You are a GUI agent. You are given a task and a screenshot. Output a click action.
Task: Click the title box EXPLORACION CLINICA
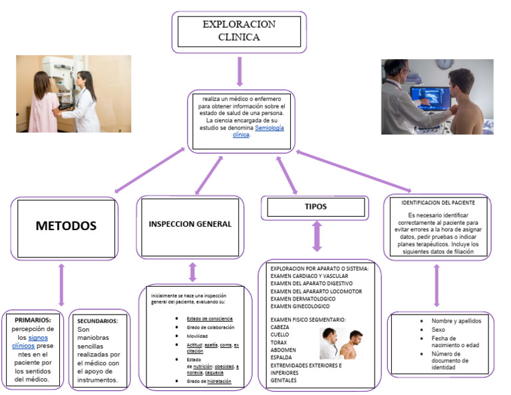239,31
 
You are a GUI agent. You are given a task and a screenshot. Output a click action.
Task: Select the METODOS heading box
65,226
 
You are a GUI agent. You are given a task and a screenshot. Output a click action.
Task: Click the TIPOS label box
315,207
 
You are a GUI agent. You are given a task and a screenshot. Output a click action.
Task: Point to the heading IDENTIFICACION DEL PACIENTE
437,201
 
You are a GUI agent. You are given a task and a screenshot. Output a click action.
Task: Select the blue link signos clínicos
32,342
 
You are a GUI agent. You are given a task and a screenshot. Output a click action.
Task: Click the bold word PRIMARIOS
33,320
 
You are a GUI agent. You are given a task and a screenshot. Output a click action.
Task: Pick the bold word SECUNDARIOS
98,321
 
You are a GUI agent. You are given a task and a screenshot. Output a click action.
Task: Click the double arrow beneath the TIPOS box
317,236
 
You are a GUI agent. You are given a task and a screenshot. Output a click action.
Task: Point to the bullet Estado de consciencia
210,319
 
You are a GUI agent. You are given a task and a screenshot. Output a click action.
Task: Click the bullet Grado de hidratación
209,382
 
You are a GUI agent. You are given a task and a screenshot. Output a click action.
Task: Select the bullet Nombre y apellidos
456,321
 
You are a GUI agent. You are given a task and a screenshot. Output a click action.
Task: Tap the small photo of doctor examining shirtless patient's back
340,344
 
